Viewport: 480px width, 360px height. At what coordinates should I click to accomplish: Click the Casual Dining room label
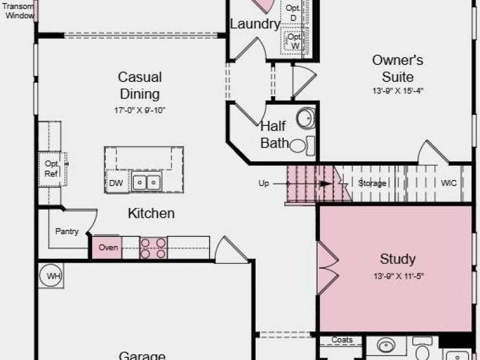coord(140,85)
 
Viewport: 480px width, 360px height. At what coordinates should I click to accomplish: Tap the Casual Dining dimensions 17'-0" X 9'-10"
coord(140,110)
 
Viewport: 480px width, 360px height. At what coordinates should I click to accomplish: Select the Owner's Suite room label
coord(397,68)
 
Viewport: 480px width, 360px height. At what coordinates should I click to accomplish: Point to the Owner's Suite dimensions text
coord(397,91)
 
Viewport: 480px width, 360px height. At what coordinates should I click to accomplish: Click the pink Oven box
coord(107,247)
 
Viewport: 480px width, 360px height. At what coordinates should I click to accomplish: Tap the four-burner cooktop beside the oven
coord(153,248)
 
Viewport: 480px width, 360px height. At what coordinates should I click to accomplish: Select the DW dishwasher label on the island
coord(116,183)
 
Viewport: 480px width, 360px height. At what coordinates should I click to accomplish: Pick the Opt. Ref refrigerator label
coord(51,169)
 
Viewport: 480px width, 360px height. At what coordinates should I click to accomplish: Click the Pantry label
coord(67,231)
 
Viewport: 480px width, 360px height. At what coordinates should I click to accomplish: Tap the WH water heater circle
coord(51,276)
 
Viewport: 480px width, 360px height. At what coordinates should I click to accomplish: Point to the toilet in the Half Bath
coord(302,146)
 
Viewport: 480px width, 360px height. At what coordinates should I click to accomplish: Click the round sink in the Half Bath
coord(306,118)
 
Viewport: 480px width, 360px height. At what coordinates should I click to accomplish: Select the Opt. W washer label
coord(294,42)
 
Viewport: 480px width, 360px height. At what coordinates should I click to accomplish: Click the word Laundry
coord(255,24)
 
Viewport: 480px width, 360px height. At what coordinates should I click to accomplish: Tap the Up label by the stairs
coord(264,183)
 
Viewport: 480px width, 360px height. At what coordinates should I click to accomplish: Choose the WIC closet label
coord(449,183)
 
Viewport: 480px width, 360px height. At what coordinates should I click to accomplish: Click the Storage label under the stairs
coord(372,183)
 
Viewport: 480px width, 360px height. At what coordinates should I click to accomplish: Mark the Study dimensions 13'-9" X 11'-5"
coord(398,276)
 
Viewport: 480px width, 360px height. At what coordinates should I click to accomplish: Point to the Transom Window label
coord(18,11)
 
